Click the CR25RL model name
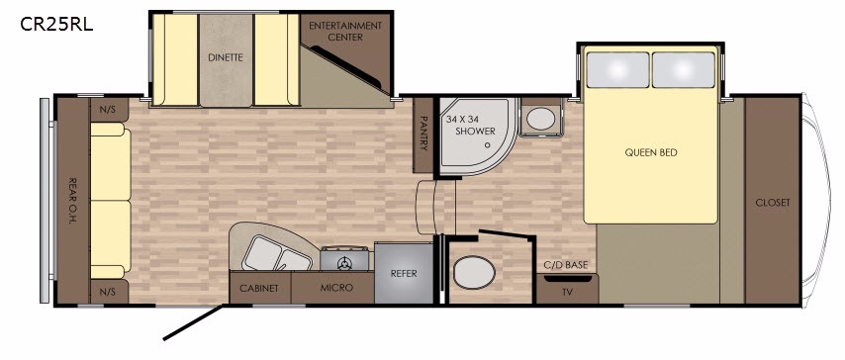coord(56,25)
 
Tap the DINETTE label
coord(226,57)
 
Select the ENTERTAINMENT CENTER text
coord(345,32)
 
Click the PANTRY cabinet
coord(423,135)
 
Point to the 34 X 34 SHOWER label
coord(470,125)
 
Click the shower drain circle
coord(487,144)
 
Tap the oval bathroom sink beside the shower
coord(540,119)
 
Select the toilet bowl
coord(474,273)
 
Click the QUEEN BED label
coord(651,152)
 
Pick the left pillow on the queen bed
coord(617,70)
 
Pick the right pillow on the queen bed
coord(684,70)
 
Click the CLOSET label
coord(772,203)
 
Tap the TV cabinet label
coord(567,293)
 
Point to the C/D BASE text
coord(566,265)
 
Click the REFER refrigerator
coord(404,273)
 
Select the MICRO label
coord(336,288)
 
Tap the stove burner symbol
coord(344,263)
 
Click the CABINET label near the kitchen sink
coord(259,289)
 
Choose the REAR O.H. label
coord(71,201)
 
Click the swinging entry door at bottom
coord(192,322)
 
